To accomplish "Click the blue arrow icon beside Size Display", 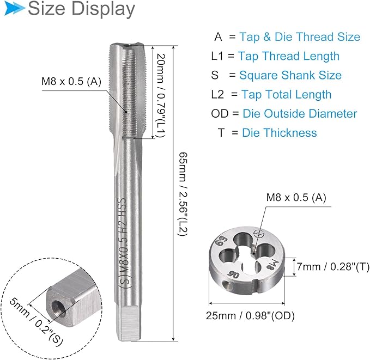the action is click(x=15, y=9).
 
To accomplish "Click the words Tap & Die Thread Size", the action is click(x=300, y=37).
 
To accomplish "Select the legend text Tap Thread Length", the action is click(x=289, y=56).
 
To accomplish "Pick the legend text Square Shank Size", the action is click(x=290, y=75).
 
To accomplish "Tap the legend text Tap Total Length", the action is click(x=286, y=95).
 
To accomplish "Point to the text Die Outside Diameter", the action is click(x=300, y=114).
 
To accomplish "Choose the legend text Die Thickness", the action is click(x=280, y=133).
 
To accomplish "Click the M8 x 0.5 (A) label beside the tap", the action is click(x=71, y=82).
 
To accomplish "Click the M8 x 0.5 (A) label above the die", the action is click(x=296, y=198).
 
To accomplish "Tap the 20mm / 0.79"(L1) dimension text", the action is click(x=161, y=95).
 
